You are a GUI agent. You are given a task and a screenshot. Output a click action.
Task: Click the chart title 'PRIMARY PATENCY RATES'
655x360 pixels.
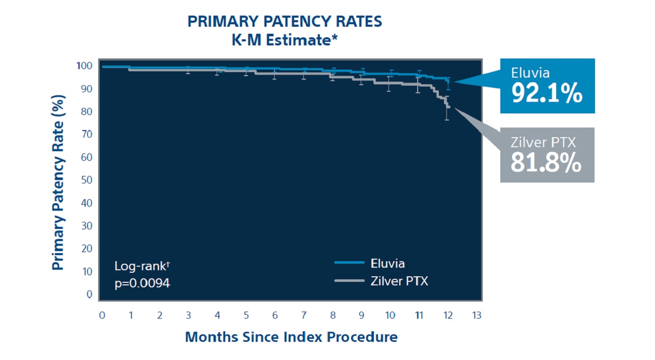(x=285, y=22)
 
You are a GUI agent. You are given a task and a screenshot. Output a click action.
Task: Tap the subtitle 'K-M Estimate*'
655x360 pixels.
(x=285, y=40)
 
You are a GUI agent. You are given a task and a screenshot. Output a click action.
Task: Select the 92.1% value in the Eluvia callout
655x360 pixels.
(x=547, y=93)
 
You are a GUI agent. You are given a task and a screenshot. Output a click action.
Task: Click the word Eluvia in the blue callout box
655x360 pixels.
(x=530, y=73)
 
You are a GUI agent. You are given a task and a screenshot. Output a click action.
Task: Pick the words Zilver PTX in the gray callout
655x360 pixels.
(x=543, y=142)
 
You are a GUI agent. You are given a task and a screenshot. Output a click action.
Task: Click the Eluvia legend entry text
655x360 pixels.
(x=387, y=263)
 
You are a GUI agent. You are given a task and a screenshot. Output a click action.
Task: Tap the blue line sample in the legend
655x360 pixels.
(x=349, y=263)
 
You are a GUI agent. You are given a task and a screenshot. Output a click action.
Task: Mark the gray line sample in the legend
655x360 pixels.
(x=349, y=280)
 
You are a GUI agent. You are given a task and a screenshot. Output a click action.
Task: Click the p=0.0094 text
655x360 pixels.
(x=142, y=283)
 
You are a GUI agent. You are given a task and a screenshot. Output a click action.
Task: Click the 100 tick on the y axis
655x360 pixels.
(x=84, y=66)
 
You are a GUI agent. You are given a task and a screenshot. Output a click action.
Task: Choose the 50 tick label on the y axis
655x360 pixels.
(x=86, y=180)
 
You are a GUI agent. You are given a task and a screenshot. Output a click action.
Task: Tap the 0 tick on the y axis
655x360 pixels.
(x=89, y=294)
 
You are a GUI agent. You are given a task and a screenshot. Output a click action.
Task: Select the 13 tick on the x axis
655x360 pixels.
(x=476, y=316)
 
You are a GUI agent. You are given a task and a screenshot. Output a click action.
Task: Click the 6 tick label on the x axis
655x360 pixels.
(x=275, y=316)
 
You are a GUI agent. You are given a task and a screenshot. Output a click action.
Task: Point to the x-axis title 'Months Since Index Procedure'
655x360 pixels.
(x=291, y=337)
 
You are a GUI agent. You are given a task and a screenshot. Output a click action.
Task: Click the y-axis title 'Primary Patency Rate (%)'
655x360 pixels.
(x=59, y=182)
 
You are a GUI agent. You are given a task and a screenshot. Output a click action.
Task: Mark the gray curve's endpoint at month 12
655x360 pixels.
(x=448, y=107)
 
